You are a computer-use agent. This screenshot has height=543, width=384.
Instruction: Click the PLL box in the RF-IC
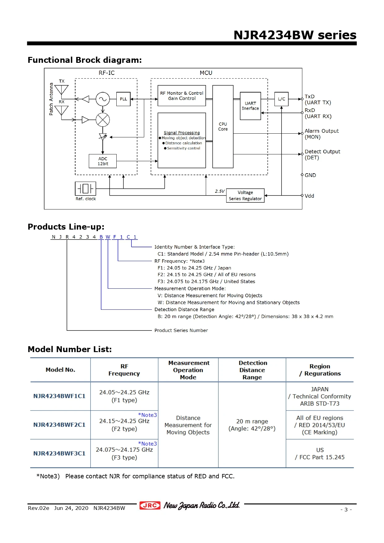[x=123, y=99]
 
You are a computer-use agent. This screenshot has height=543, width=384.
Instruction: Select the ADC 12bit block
[x=103, y=161]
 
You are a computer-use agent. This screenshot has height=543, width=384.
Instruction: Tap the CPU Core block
[x=223, y=127]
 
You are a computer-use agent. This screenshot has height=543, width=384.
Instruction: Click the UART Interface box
[x=250, y=106]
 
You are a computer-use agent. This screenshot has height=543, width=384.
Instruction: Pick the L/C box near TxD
[x=281, y=99]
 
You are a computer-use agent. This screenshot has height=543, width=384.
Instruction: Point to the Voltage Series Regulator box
[x=245, y=196]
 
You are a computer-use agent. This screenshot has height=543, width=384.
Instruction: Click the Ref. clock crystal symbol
[x=85, y=188]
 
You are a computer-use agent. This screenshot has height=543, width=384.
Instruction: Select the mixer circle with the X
[x=103, y=120]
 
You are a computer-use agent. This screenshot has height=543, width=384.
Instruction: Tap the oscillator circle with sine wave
[x=103, y=99]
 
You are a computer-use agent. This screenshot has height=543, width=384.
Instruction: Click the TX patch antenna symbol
[x=62, y=89]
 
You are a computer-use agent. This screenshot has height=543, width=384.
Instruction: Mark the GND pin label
[x=310, y=175]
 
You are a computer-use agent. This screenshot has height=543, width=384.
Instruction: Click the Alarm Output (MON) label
[x=321, y=134]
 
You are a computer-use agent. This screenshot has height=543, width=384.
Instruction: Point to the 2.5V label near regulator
[x=220, y=191]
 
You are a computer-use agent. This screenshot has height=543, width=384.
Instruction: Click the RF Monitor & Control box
[x=182, y=96]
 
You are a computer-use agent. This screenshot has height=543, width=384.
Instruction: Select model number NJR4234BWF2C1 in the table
[x=59, y=425]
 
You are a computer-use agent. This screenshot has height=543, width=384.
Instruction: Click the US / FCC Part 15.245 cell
[x=320, y=454]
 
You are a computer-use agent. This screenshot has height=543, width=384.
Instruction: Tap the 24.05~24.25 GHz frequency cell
[x=124, y=396]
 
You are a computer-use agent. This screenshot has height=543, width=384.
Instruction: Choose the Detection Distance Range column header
[x=252, y=370]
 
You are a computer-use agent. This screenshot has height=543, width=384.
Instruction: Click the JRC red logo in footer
[x=150, y=505]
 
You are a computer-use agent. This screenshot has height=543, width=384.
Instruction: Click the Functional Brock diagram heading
[x=84, y=60]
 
